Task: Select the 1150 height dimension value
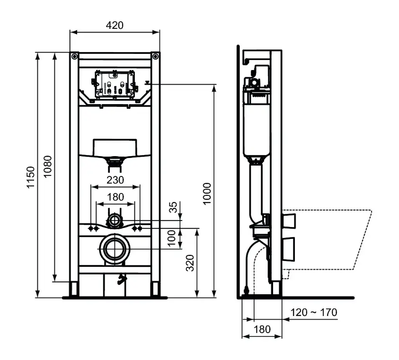[31, 177]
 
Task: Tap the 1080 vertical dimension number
[48, 167]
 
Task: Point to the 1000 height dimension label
[207, 193]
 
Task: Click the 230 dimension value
[115, 180]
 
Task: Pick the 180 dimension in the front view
[115, 196]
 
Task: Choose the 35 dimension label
[173, 207]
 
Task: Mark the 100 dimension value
[174, 239]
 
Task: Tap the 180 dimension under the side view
[262, 329]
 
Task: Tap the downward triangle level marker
[148, 82]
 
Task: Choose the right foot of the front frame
[155, 289]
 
